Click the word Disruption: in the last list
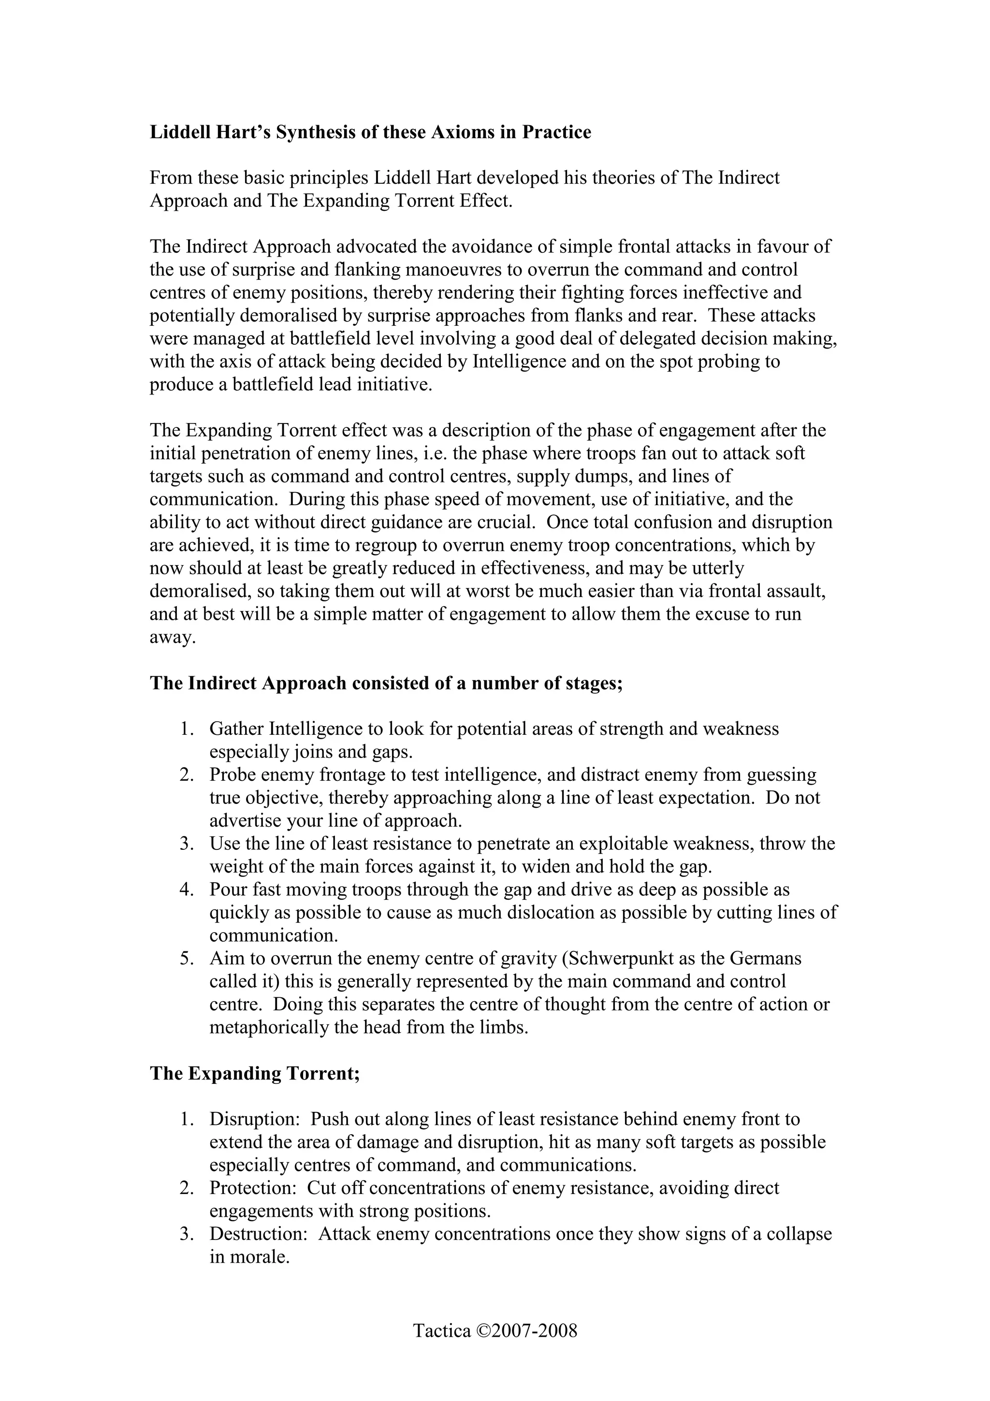(254, 1119)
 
